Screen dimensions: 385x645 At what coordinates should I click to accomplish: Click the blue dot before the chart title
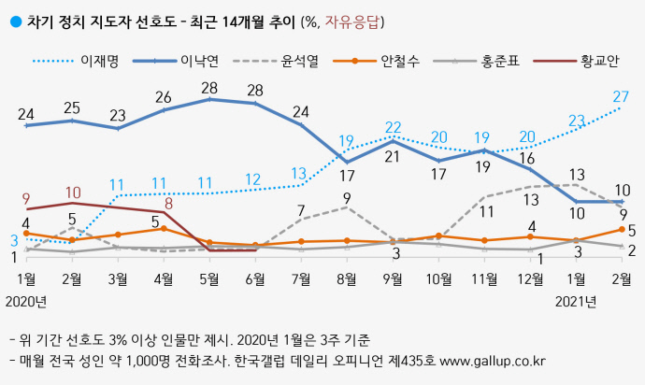(x=12, y=20)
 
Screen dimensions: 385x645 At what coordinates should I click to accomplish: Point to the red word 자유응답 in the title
(x=354, y=20)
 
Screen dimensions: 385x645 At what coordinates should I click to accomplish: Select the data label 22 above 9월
(x=393, y=127)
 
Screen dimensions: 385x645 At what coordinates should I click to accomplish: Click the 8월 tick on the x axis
(x=347, y=278)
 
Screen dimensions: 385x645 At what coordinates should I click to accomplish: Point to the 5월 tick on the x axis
(x=209, y=278)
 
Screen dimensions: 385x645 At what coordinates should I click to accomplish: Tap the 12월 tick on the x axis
(x=530, y=278)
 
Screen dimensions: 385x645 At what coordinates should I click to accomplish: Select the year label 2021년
(x=576, y=301)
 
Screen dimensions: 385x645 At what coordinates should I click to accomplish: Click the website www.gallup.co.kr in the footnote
(x=493, y=361)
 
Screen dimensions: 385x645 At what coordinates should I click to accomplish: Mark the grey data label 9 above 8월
(x=347, y=197)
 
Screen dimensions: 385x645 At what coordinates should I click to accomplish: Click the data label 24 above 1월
(x=27, y=114)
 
